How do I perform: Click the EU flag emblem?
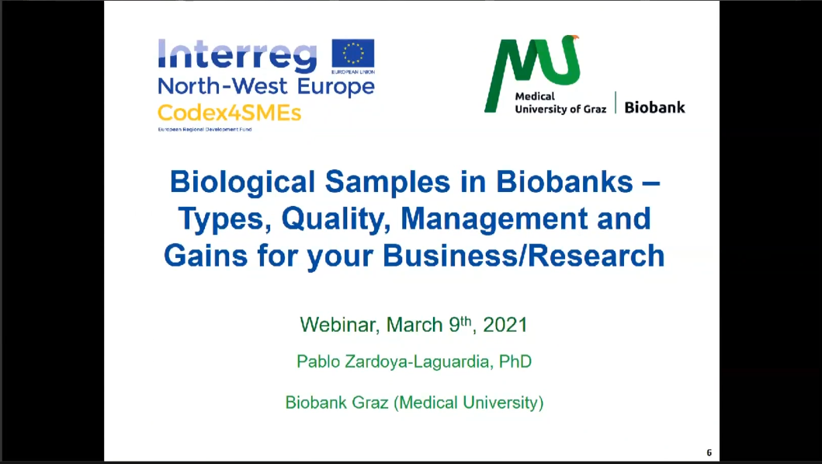(x=353, y=54)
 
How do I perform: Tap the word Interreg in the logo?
(x=238, y=56)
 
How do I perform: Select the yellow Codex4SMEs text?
(x=230, y=113)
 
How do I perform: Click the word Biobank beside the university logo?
(x=655, y=107)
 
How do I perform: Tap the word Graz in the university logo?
(x=595, y=109)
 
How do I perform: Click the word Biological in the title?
(x=243, y=183)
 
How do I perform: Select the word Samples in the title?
(x=387, y=183)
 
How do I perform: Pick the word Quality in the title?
(x=336, y=219)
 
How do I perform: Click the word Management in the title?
(x=494, y=219)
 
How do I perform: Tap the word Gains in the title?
(x=206, y=256)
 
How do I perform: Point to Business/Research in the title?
(x=523, y=256)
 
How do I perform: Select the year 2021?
(x=505, y=325)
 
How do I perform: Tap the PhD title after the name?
(x=515, y=361)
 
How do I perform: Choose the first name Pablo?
(x=318, y=361)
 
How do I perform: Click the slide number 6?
(x=709, y=452)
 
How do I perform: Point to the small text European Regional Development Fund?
(x=205, y=129)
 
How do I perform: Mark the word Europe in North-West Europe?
(x=336, y=87)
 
